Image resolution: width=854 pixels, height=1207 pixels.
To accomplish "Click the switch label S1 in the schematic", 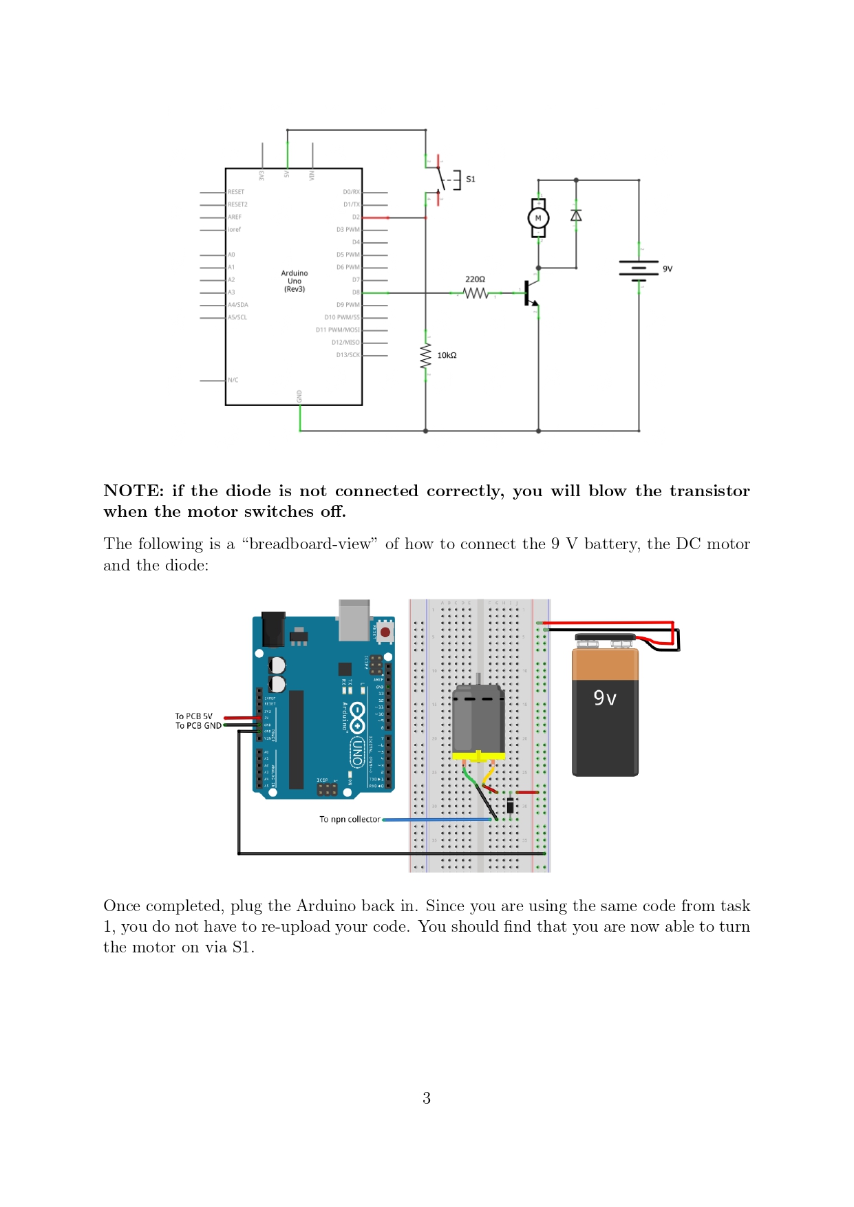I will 471,179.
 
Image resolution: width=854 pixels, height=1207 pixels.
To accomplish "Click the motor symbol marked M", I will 538,218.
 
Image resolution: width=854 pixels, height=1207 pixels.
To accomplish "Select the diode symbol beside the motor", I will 576,215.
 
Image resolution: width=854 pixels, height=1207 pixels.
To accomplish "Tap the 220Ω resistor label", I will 475,279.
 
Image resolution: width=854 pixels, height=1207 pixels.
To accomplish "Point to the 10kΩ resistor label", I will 447,355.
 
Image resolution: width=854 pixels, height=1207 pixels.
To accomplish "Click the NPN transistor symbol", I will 531,293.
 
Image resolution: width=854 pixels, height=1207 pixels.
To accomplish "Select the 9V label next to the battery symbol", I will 668,269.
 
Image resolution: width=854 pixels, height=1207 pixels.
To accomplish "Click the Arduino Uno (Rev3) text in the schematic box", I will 295,281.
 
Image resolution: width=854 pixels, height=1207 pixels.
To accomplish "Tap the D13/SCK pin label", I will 348,355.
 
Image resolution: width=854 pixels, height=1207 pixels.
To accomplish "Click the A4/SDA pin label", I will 238,305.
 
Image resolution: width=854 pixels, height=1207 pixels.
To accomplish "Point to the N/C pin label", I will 233,380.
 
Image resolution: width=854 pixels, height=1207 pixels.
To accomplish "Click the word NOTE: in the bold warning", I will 134,491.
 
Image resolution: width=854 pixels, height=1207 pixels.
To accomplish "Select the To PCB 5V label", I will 193,716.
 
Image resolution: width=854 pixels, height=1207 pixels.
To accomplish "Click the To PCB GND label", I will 198,726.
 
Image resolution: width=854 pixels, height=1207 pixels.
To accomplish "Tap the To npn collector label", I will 350,820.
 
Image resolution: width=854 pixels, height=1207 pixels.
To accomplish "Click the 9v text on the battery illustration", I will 605,698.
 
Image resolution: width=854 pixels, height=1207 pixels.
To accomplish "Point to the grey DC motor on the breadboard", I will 478,719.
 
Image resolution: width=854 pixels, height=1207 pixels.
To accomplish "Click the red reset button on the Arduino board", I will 385,632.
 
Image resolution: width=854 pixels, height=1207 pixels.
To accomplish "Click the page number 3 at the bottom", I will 427,1098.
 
